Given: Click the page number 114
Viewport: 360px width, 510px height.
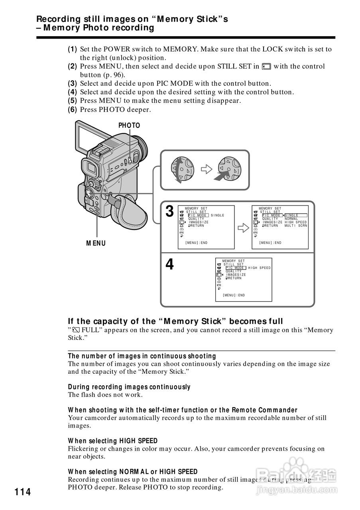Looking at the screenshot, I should (x=23, y=492).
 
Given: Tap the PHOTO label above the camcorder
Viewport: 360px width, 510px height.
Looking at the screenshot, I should (x=129, y=126).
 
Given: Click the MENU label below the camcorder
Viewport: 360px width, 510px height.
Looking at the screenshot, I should (x=96, y=243).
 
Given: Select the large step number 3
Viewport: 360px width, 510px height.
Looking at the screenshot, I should (x=169, y=212).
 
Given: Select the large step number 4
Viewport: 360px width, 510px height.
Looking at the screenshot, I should (x=169, y=264).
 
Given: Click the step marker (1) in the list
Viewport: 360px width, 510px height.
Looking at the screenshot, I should (x=72, y=49).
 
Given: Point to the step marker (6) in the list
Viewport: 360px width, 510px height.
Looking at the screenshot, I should (x=72, y=109).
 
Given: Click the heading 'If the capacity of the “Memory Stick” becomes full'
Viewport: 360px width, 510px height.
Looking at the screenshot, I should (x=175, y=321).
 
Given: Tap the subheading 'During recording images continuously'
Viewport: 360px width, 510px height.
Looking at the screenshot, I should (x=129, y=387).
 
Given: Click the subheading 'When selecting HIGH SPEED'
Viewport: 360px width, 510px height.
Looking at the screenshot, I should (x=113, y=441).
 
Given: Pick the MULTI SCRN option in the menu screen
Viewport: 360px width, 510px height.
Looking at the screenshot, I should (x=296, y=226).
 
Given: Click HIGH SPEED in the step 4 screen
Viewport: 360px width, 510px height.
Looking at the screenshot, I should (x=259, y=268).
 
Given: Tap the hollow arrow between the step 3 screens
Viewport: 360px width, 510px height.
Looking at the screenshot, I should (x=242, y=228).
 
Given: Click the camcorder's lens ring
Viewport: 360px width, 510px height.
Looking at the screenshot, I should (x=142, y=147).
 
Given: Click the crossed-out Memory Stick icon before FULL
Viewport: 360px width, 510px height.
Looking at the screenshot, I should (x=75, y=330).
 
